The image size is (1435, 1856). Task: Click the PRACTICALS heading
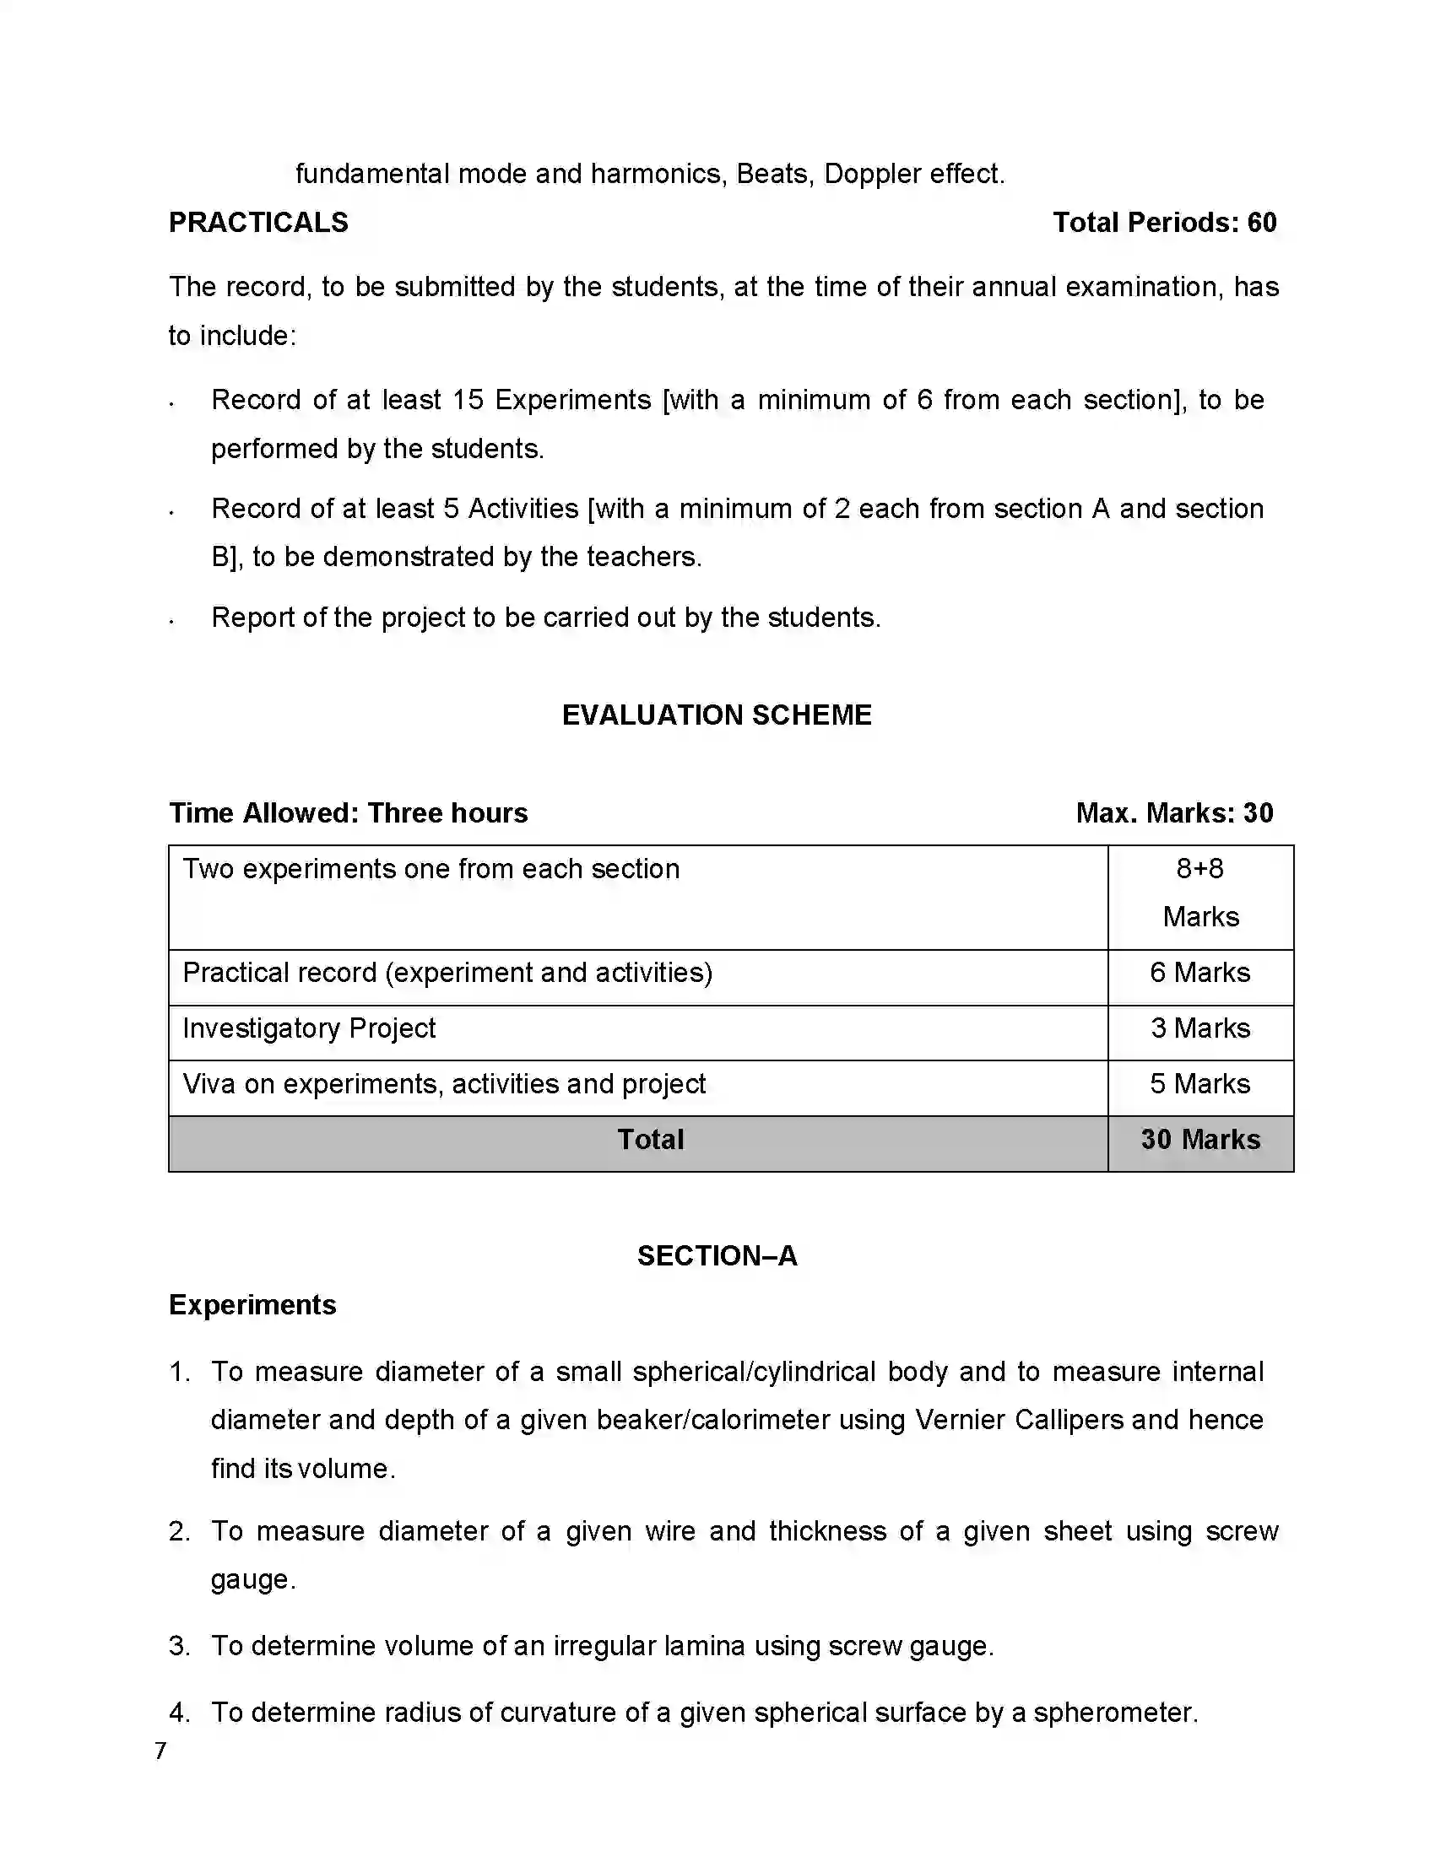point(258,223)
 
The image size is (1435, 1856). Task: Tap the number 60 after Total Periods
point(1262,223)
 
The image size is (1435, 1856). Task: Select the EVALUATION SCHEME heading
point(717,715)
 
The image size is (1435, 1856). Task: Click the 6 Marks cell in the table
point(1199,972)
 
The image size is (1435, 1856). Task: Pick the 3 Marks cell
point(1199,1028)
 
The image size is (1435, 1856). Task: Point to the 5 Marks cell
point(1199,1083)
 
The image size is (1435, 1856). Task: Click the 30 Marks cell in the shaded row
point(1199,1140)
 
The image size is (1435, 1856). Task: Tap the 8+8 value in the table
point(1199,868)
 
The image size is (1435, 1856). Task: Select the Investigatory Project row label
point(309,1028)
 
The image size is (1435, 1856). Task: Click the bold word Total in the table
point(650,1140)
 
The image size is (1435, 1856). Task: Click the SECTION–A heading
point(717,1256)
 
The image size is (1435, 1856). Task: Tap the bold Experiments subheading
point(252,1304)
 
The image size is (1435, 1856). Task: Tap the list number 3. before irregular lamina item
point(178,1646)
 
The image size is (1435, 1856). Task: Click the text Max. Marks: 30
point(1174,813)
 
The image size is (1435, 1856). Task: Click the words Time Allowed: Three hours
point(349,813)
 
